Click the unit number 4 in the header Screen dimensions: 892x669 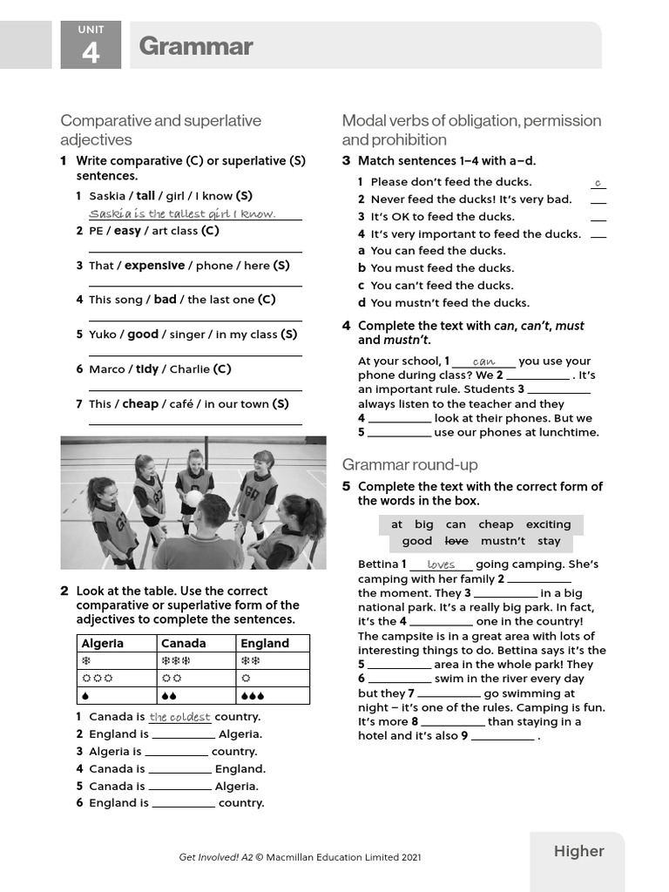(91, 53)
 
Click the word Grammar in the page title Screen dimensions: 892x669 (195, 46)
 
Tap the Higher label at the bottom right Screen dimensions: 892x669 (578, 851)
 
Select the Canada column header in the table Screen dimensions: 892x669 (183, 643)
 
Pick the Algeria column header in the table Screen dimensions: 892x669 (102, 643)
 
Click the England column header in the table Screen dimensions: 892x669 (265, 643)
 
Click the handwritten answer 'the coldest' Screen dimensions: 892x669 (179, 717)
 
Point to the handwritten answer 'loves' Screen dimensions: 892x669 (441, 564)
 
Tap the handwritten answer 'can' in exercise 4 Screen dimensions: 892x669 (483, 361)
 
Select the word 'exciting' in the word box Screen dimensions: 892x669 (548, 524)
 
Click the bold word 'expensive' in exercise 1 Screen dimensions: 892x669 (154, 266)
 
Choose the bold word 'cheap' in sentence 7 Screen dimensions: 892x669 (140, 404)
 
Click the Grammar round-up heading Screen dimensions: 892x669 (409, 464)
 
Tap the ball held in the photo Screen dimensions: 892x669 (194, 498)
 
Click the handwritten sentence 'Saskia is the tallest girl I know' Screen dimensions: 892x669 (182, 213)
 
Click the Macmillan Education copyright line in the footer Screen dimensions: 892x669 (300, 857)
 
